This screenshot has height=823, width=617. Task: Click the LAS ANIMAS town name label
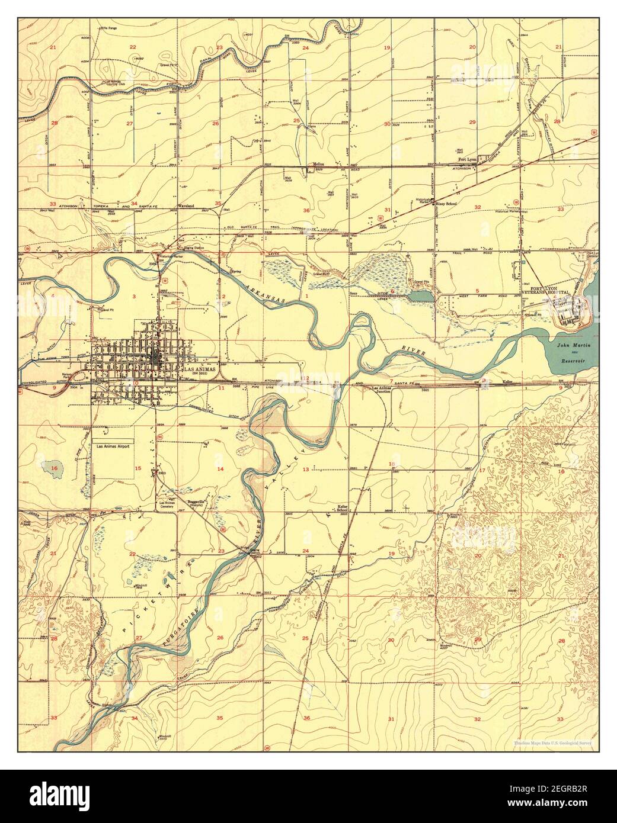[x=198, y=369]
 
